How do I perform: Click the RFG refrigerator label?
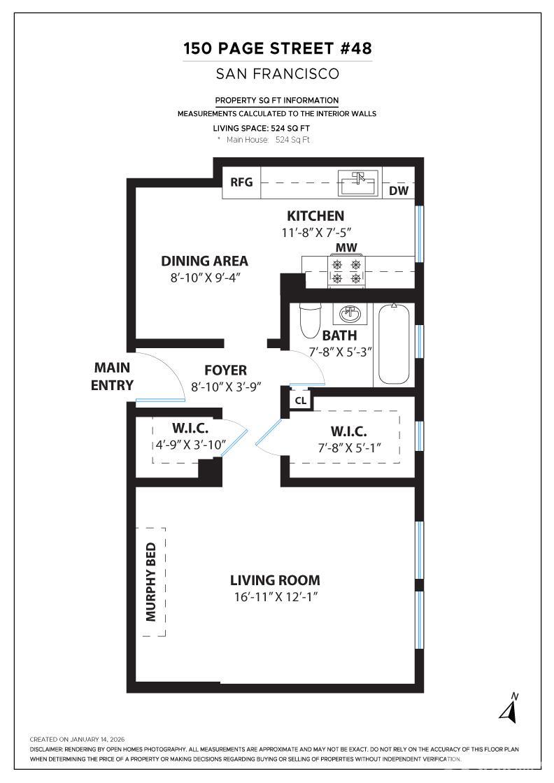(x=241, y=183)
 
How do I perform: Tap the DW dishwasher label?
(x=398, y=191)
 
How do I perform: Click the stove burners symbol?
(x=348, y=271)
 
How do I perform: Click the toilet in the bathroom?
(x=309, y=320)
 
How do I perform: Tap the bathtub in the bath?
(x=394, y=343)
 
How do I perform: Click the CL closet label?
(x=300, y=401)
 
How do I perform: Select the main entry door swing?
(x=161, y=378)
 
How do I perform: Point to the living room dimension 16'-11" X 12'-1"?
(x=276, y=597)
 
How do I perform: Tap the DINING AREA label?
(x=204, y=261)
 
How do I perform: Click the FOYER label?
(x=225, y=370)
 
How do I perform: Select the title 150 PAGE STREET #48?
(x=277, y=48)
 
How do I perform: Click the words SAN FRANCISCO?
(x=277, y=73)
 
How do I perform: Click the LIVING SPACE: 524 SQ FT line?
(x=261, y=129)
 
